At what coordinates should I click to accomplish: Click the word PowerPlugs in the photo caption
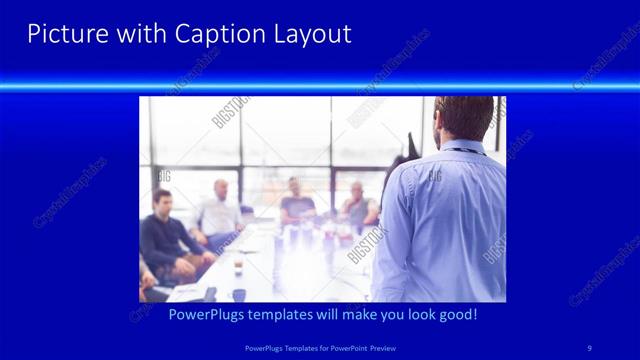[208, 314]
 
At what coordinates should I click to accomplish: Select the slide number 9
[589, 347]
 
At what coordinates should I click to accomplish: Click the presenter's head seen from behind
[464, 118]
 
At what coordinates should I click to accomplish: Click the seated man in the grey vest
[358, 205]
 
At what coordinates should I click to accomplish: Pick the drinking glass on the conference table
[237, 268]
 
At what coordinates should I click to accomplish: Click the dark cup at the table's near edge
[238, 294]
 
